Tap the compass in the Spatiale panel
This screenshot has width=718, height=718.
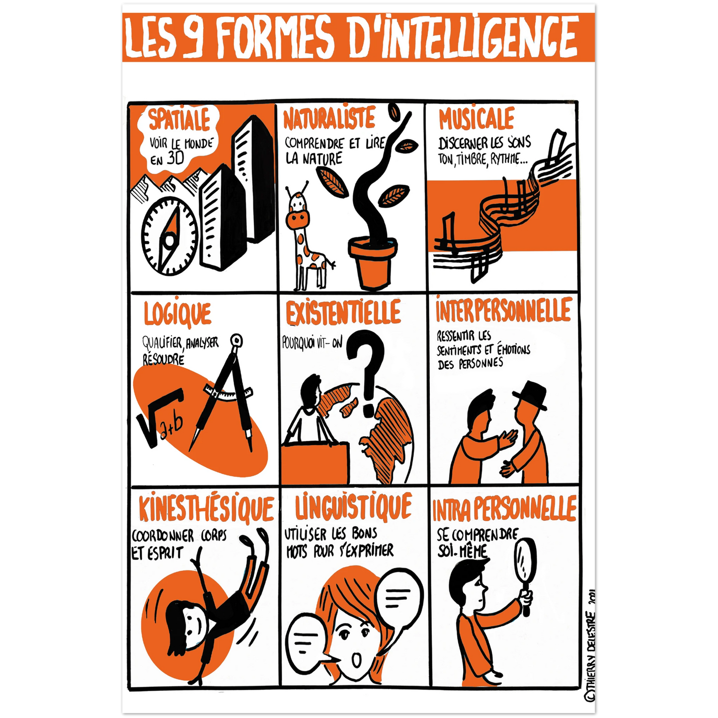coord(169,237)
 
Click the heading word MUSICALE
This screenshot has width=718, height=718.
coord(477,119)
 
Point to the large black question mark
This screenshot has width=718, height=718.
coord(366,373)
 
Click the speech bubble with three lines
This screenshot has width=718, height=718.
coord(398,600)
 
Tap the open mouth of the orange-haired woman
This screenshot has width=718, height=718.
coord(357,661)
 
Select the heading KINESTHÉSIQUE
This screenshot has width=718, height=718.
coord(206,509)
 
